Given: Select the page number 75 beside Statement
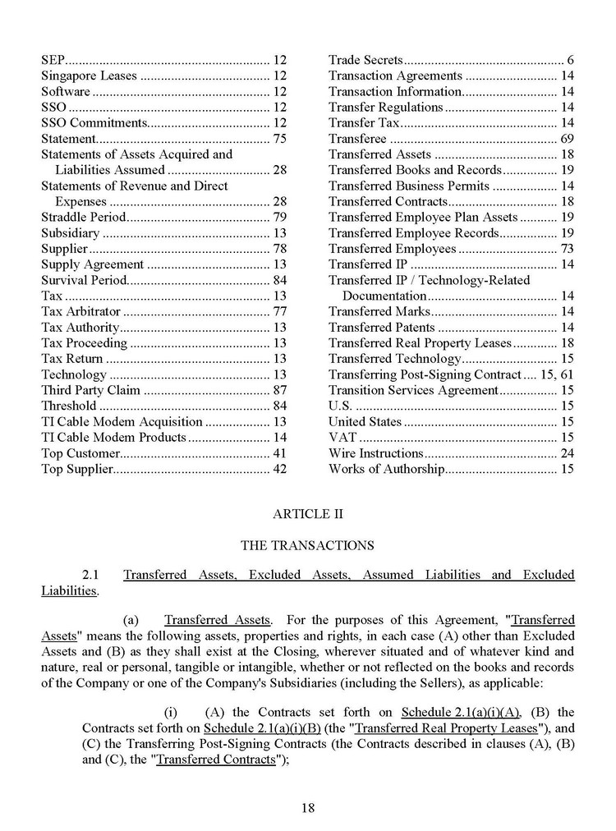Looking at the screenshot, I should pos(279,139).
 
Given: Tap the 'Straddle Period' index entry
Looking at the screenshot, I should pos(84,217).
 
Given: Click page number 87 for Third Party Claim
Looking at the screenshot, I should pos(279,390).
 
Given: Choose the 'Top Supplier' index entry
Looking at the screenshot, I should pos(76,469).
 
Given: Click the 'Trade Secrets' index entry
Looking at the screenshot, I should pos(365,60).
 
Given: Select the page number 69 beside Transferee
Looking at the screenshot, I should pos(567,139).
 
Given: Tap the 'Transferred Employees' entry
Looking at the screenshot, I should pos(393,249).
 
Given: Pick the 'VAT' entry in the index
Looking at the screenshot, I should pos(342,437).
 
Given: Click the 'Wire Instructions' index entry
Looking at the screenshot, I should pos(376,453).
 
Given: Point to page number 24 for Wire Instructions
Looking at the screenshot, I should pos(567,453).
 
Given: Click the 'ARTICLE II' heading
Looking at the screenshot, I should pos(307,514).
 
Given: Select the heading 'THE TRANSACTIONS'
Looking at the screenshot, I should pos(307,545).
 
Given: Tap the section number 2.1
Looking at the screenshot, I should pos(91,575).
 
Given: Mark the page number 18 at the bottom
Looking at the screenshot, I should pos(308,808).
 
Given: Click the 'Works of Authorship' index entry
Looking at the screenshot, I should pos(387,469).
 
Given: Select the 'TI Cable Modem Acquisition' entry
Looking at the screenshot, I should pos(121,421).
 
